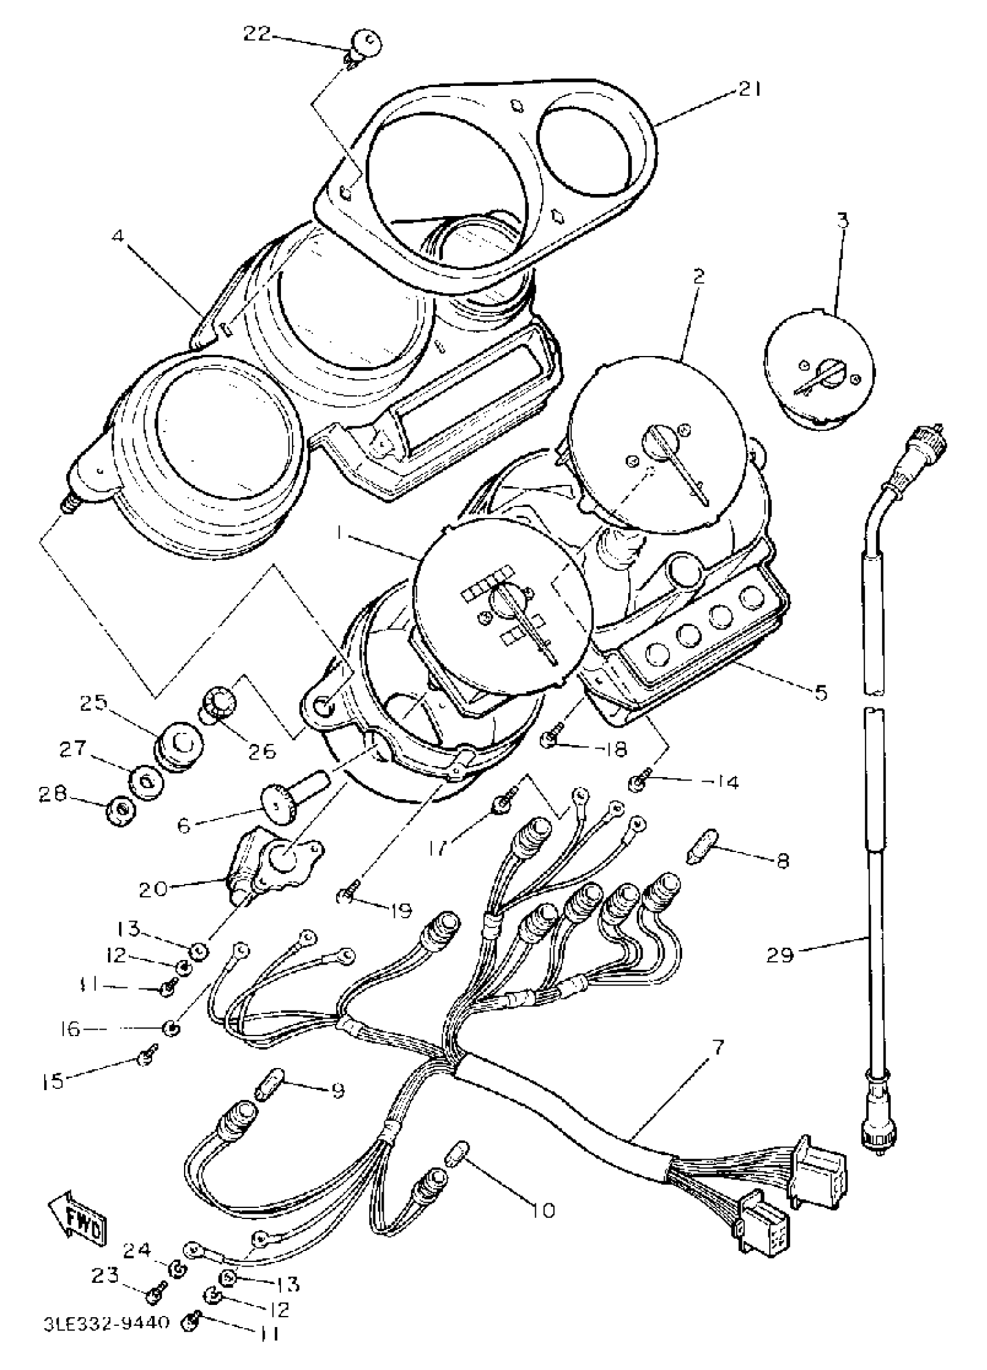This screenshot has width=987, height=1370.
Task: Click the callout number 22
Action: (256, 34)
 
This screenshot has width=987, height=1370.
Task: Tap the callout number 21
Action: (749, 89)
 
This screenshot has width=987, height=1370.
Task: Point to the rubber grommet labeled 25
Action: (178, 745)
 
